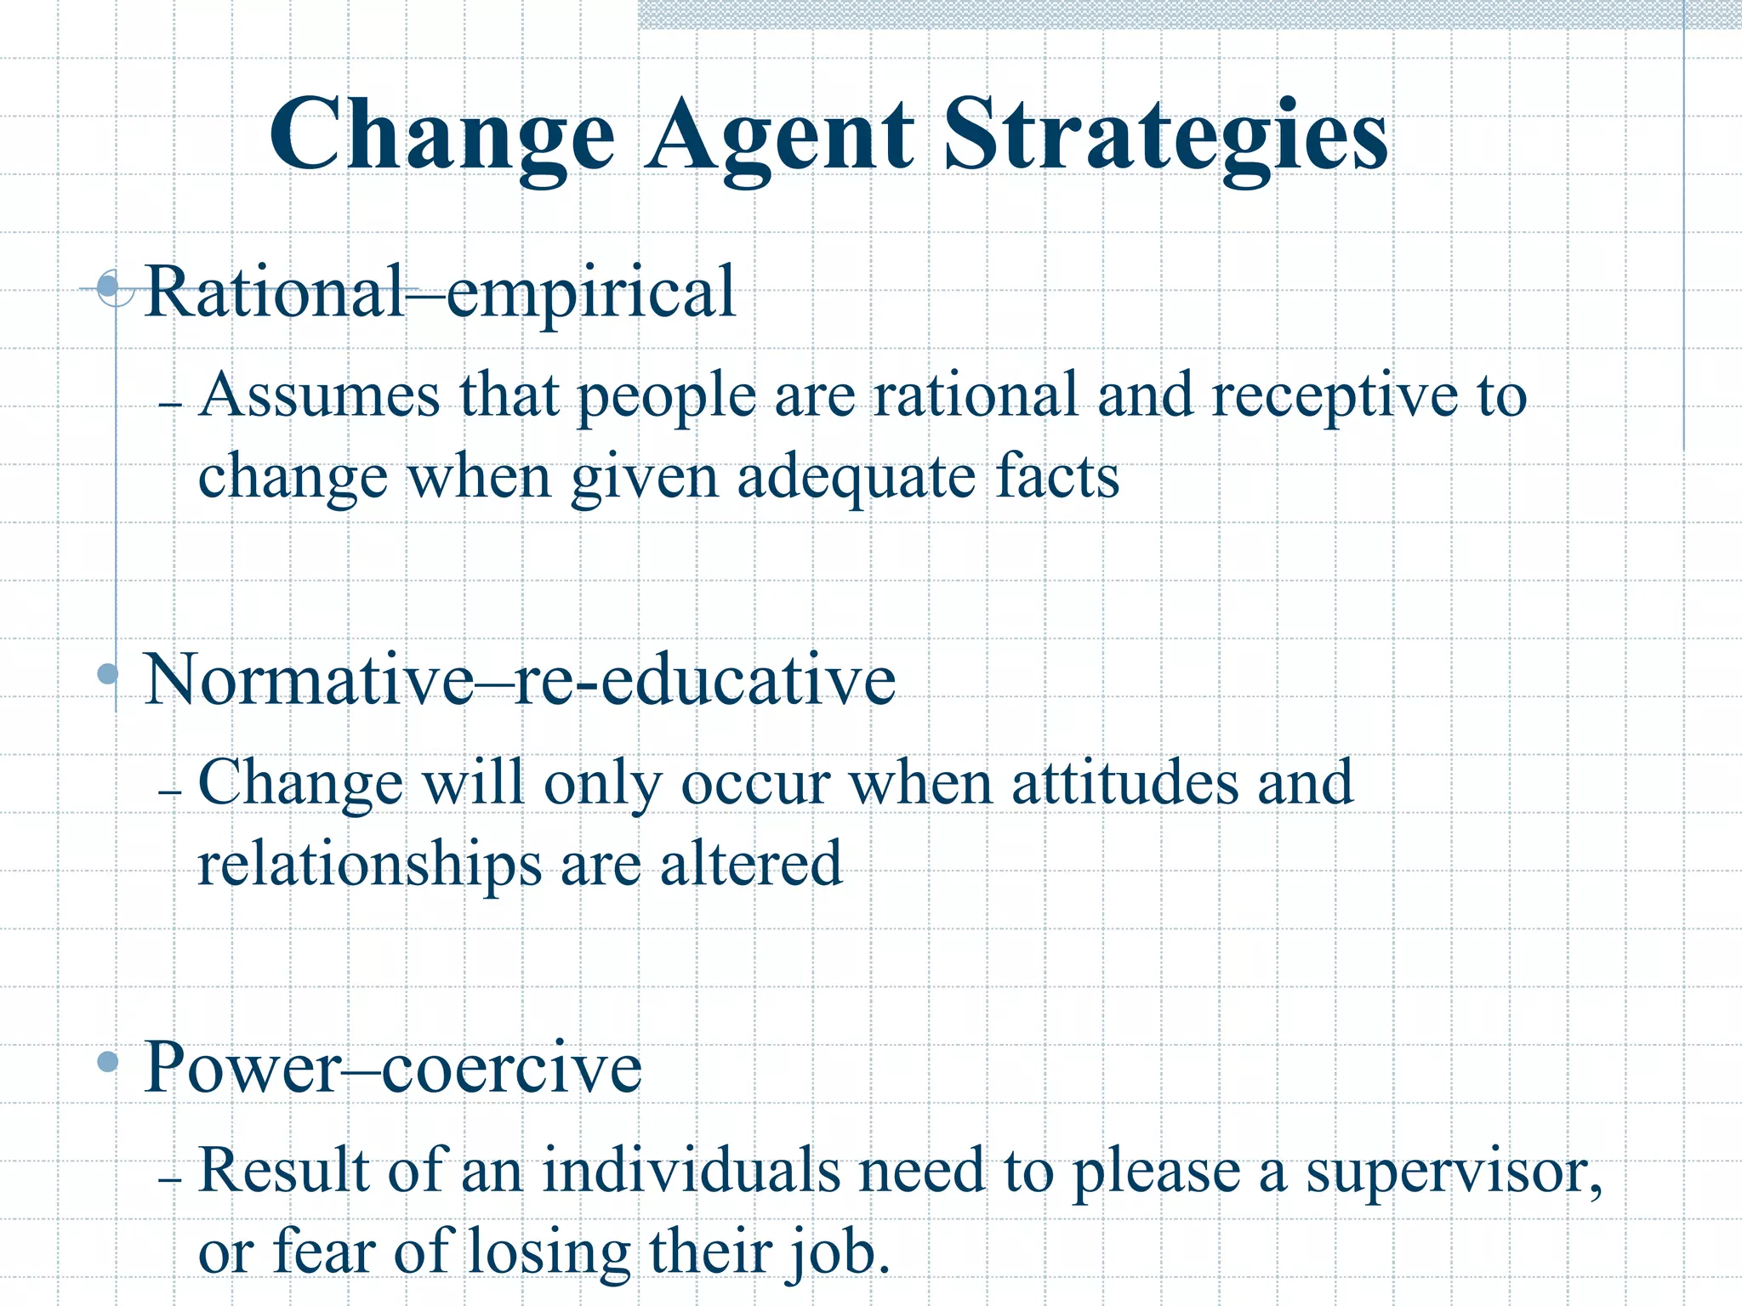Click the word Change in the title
point(442,136)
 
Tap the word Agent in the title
point(778,136)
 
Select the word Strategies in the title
point(1165,136)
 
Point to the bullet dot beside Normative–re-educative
point(108,674)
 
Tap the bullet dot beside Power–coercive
point(108,1061)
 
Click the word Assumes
point(320,395)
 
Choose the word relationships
point(369,866)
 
